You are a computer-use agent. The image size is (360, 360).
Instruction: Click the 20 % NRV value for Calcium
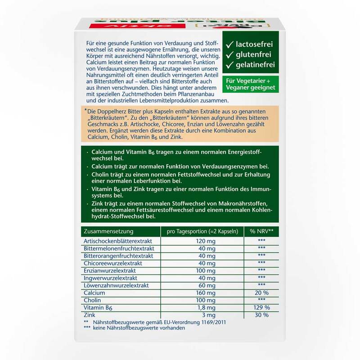click(x=261, y=292)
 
